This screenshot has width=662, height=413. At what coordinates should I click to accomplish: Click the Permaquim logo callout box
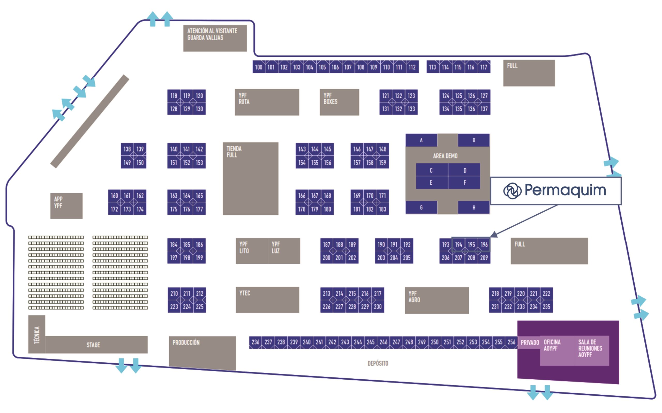click(555, 191)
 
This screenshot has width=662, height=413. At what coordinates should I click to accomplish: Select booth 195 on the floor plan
click(471, 244)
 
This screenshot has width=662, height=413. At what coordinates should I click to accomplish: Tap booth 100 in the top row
click(258, 67)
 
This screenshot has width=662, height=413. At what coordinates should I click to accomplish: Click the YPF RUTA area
click(267, 102)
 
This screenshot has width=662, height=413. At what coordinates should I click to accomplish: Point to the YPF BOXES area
click(339, 102)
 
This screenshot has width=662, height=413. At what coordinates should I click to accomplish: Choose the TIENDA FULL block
click(250, 178)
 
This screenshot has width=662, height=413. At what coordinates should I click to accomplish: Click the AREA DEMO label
click(445, 156)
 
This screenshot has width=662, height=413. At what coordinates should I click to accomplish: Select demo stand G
click(421, 208)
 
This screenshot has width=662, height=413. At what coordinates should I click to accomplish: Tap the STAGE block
click(93, 345)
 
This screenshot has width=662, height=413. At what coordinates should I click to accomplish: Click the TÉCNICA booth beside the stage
click(37, 334)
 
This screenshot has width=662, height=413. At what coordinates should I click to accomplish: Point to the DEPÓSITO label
click(378, 363)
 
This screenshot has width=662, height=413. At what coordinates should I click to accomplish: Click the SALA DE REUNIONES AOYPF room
click(591, 350)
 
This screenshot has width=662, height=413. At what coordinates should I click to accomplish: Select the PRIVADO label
click(530, 342)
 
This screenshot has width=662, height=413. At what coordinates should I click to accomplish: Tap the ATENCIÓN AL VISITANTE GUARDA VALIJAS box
click(215, 38)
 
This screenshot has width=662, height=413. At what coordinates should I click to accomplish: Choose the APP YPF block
click(66, 206)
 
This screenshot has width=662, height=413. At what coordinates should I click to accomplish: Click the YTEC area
click(267, 300)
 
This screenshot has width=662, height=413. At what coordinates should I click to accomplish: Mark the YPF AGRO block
click(437, 300)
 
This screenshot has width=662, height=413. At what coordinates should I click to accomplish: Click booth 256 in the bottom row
click(511, 342)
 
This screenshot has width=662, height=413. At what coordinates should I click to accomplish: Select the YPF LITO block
click(251, 251)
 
